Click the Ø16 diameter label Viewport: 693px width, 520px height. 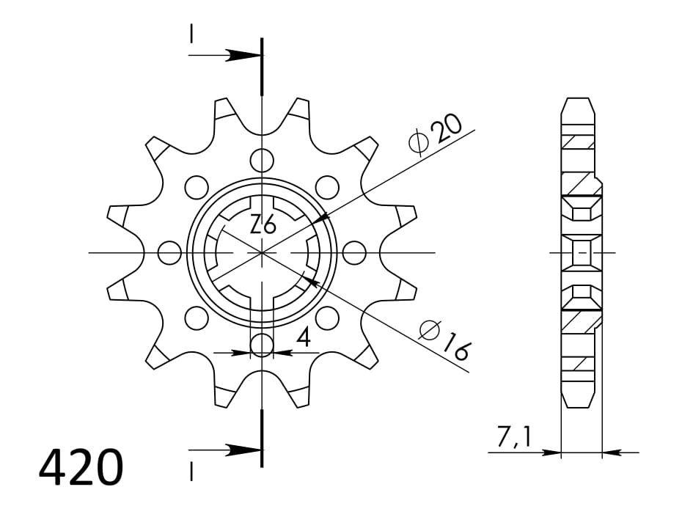pyautogui.click(x=444, y=341)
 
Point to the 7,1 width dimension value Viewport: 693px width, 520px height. pyautogui.click(x=515, y=438)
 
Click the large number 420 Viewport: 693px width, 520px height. pyautogui.click(x=81, y=469)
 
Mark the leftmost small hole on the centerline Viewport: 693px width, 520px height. pyautogui.click(x=169, y=253)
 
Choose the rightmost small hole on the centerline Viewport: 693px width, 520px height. pyautogui.click(x=354, y=253)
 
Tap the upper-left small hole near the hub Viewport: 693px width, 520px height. pyautogui.click(x=196, y=188)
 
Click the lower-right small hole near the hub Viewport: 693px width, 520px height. pyautogui.click(x=328, y=318)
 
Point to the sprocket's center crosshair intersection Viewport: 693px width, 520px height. pyautogui.click(x=262, y=253)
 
